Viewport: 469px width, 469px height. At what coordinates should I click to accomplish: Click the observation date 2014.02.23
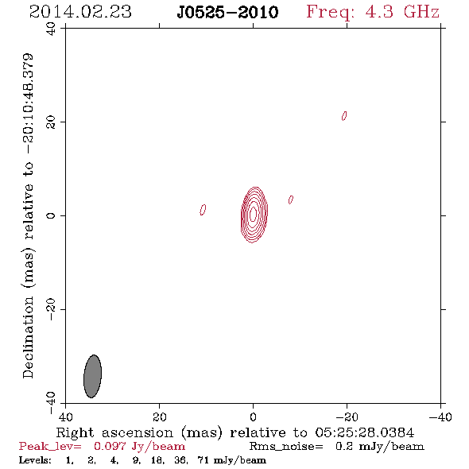point(80,12)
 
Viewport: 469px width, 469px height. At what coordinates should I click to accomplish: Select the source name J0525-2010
point(227,12)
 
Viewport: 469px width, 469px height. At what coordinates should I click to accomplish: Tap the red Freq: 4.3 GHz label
point(373,12)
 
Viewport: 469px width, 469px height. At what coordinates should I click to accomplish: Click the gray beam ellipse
point(92,376)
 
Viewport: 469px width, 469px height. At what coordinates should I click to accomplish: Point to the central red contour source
point(254,215)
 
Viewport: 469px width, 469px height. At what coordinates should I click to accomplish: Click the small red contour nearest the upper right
point(344,116)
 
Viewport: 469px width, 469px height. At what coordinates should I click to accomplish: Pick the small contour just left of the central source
point(203,210)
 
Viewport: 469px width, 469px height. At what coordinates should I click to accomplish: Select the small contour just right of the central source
point(291,200)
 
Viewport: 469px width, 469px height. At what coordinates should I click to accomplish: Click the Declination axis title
point(28,215)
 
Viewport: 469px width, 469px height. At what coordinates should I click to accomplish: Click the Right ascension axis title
point(235,432)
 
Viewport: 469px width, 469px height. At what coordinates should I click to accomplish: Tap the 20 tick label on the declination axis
point(51,122)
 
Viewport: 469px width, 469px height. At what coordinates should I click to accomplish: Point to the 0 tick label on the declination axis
point(51,215)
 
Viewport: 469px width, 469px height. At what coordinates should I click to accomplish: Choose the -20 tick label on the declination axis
point(51,309)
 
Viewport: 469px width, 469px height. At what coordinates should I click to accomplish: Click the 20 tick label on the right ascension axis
point(160,417)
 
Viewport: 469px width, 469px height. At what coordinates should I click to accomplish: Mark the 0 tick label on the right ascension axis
point(253,417)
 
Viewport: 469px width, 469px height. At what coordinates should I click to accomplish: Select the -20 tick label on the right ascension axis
point(347,417)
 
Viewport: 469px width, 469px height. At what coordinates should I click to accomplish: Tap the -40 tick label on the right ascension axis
point(440,417)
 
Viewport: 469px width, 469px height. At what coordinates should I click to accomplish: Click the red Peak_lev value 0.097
point(110,446)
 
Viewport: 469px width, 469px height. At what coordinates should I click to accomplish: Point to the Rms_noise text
point(286,447)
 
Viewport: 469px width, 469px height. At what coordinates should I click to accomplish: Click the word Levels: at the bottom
point(35,460)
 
